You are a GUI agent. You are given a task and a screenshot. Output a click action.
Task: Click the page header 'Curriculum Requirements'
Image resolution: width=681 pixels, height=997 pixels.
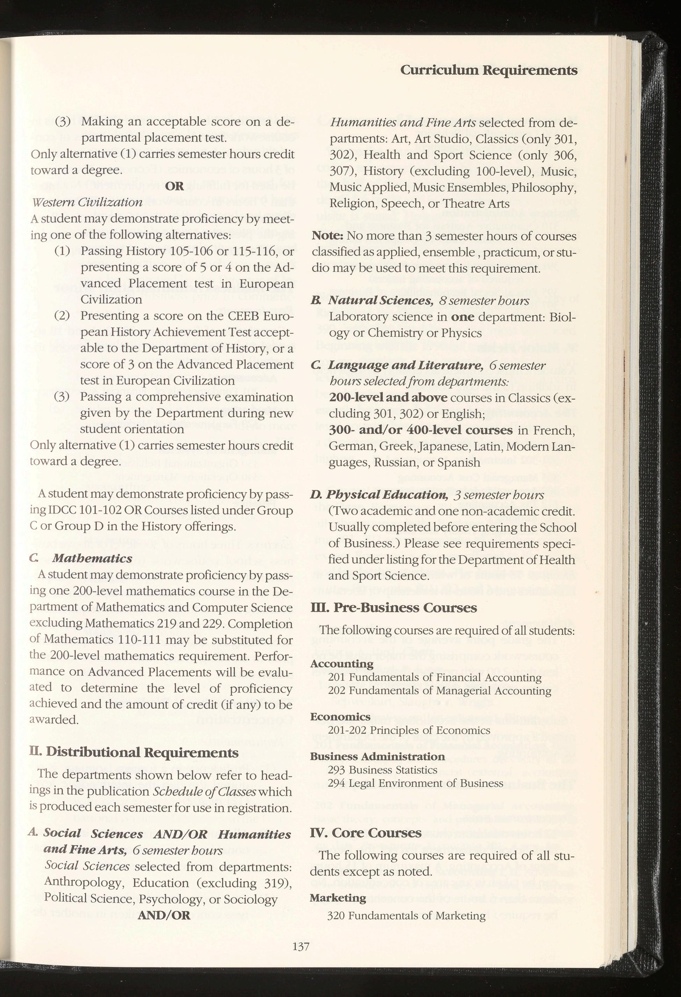[488, 70]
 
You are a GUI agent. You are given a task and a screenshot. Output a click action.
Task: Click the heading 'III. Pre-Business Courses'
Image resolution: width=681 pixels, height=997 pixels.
[393, 608]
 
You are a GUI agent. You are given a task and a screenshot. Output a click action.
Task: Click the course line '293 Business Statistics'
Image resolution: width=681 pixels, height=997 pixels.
[382, 770]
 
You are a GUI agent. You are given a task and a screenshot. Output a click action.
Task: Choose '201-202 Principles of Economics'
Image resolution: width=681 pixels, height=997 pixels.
[409, 730]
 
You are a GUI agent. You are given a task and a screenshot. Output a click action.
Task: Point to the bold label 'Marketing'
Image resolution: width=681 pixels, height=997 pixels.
[338, 885]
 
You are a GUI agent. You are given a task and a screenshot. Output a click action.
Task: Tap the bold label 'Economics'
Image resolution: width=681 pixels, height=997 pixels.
[340, 717]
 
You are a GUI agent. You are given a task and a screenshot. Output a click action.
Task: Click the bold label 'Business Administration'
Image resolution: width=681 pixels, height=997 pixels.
[377, 756]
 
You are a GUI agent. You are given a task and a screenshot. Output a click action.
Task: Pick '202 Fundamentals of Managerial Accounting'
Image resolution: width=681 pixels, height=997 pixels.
[440, 691]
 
